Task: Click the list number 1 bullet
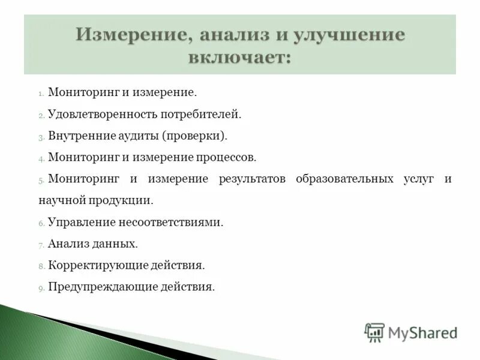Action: click(x=41, y=94)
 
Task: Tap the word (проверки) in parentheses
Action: click(x=194, y=136)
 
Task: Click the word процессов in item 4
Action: click(x=226, y=157)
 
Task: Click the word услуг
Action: click(x=418, y=179)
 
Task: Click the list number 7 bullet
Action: click(x=41, y=245)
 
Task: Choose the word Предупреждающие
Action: click(x=103, y=287)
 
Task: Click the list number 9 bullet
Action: click(x=41, y=288)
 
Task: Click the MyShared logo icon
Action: click(x=374, y=332)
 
